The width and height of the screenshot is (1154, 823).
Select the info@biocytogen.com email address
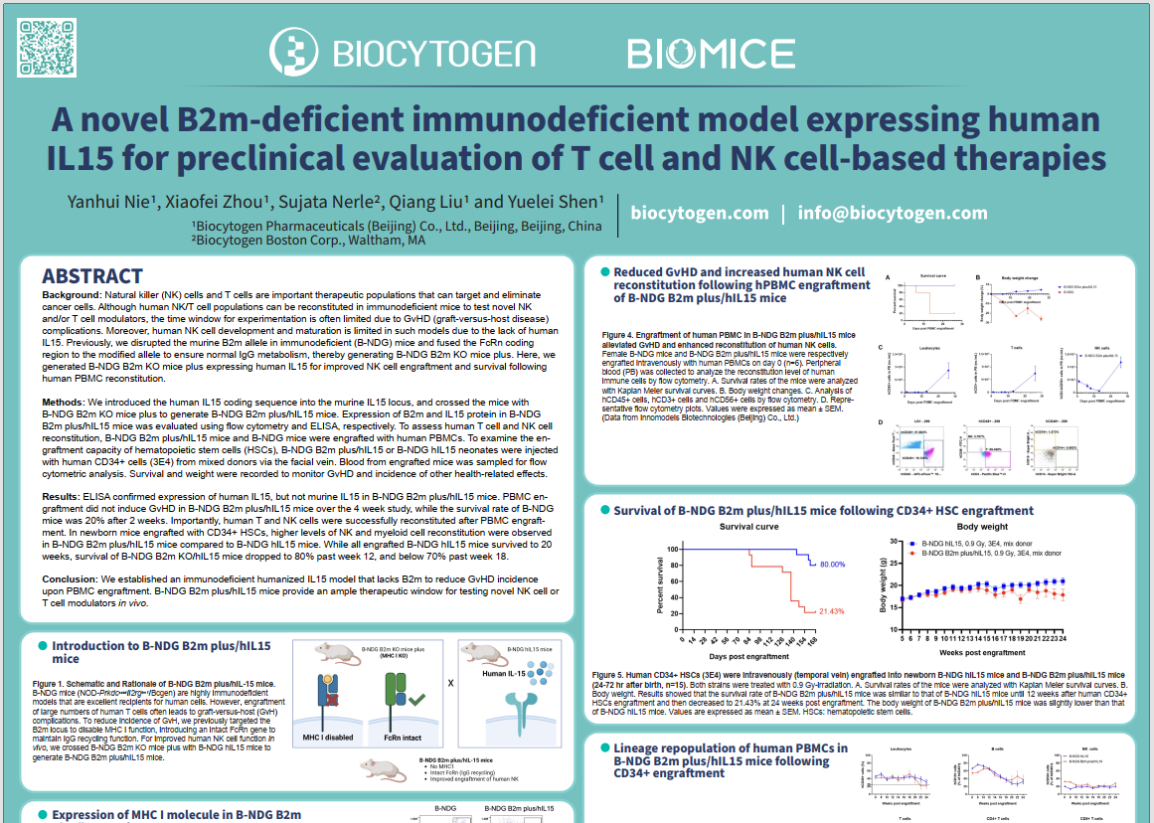pos(893,213)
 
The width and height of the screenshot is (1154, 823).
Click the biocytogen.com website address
pos(700,213)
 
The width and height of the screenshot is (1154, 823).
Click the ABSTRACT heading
pos(92,276)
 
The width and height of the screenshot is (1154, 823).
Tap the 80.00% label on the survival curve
pos(832,565)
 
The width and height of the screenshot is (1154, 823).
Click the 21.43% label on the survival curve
pos(831,611)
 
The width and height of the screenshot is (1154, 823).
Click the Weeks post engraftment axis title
pos(982,653)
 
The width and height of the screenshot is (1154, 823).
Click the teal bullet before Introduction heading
pos(42,646)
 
